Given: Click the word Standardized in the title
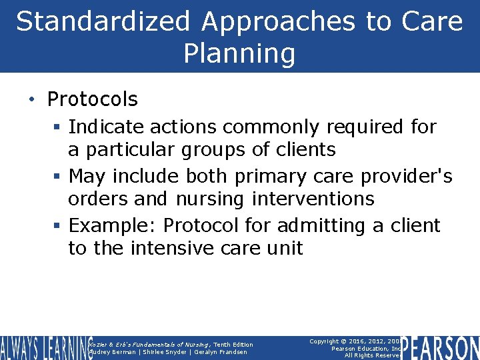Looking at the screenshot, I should [104, 21].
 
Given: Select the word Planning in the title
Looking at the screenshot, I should [239, 53].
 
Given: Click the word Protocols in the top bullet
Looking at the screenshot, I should [92, 99].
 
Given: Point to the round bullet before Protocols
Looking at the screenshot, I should [32, 100].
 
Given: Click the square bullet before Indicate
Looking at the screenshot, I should [58, 127].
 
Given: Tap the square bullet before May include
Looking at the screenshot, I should [58, 177].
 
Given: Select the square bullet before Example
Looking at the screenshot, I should [58, 226].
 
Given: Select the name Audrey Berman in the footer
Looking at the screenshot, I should [113, 352].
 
